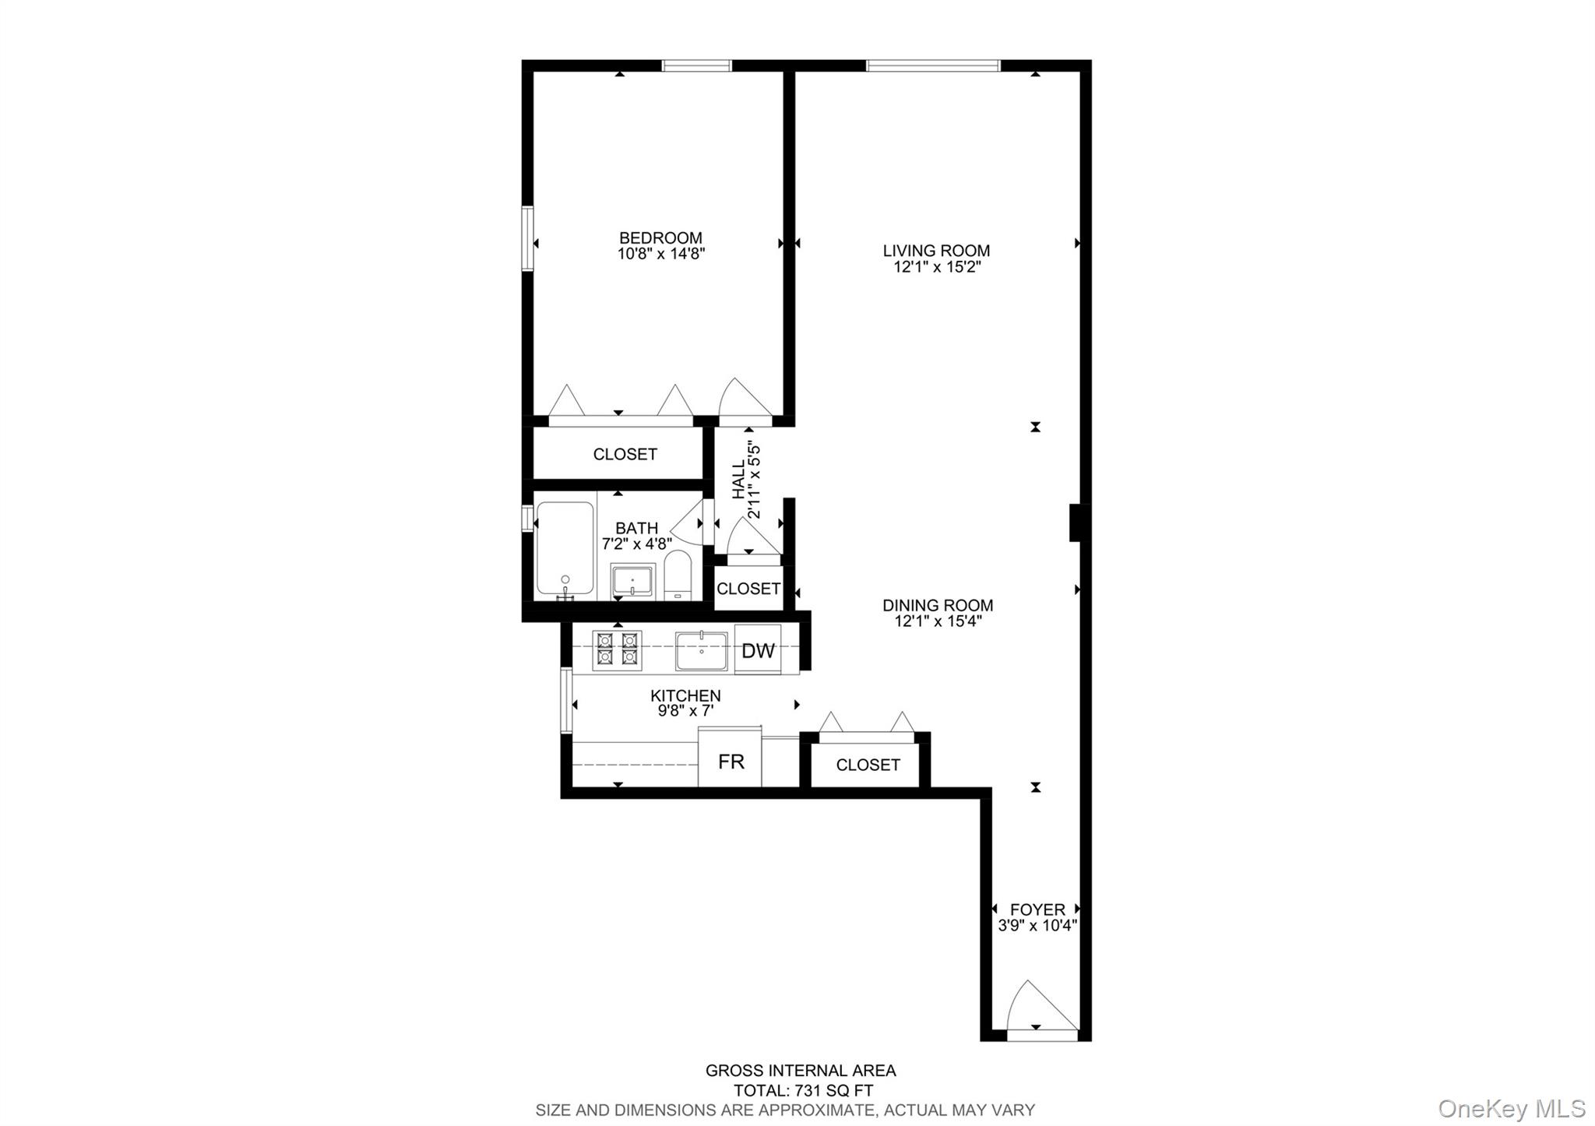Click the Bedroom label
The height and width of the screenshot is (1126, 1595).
tap(660, 238)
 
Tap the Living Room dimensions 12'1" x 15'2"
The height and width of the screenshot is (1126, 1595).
tap(936, 267)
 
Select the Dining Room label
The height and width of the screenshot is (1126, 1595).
tap(938, 605)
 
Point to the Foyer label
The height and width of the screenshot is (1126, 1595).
tap(1037, 910)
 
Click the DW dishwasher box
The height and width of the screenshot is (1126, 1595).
tap(758, 650)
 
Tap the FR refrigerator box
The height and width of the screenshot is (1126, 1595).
tap(731, 762)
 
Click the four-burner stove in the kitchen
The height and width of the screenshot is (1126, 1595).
tap(617, 650)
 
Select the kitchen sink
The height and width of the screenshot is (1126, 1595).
tap(701, 651)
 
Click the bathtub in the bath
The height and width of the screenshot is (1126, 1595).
tap(565, 549)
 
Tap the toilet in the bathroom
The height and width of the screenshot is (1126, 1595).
tap(678, 576)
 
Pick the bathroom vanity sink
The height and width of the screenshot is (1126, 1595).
tap(632, 581)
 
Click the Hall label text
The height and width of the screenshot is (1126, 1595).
tap(738, 480)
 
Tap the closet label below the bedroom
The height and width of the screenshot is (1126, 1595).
tap(625, 454)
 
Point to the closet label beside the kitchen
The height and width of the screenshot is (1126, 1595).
tap(868, 765)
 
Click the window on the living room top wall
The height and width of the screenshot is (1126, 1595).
tap(933, 66)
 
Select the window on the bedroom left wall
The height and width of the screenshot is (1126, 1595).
tap(528, 238)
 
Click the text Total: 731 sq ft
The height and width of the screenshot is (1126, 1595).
tap(803, 1090)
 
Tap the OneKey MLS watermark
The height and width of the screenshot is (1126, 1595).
tap(1511, 1107)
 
